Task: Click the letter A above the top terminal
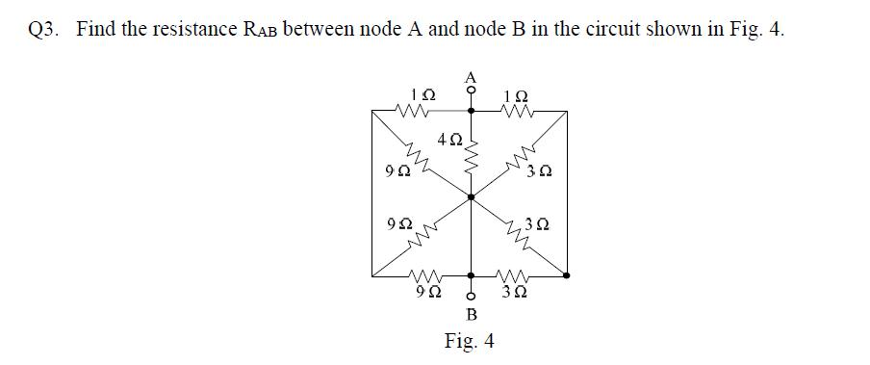pos(471,75)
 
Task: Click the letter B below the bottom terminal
pos(472,313)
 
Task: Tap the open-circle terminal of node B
pos(471,295)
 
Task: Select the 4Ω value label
pos(448,140)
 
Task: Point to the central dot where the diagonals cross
pos(471,196)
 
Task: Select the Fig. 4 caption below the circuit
pos(470,341)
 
